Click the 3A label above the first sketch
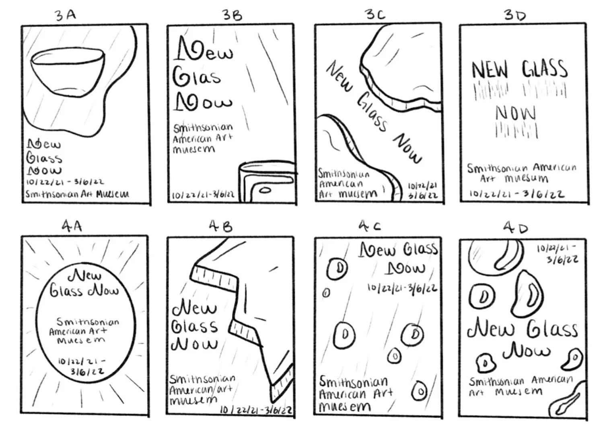click(x=65, y=15)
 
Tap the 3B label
click(x=232, y=15)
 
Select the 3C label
click(x=375, y=14)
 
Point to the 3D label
click(x=515, y=15)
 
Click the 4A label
click(x=72, y=226)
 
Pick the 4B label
click(x=220, y=227)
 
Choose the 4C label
click(x=370, y=226)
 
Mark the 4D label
click(x=515, y=228)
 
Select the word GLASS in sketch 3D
click(x=545, y=69)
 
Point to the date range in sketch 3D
click(x=517, y=194)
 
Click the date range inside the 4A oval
click(x=82, y=366)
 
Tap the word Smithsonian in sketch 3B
click(x=203, y=128)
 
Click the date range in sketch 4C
click(x=402, y=288)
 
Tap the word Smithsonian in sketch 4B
click(x=202, y=379)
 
